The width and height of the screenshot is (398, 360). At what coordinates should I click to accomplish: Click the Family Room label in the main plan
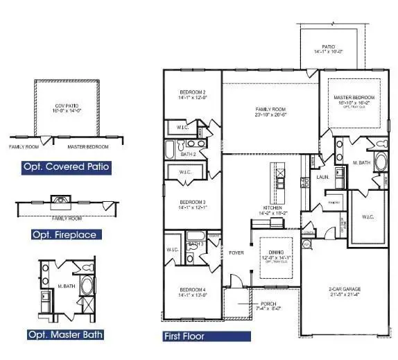pos(270,109)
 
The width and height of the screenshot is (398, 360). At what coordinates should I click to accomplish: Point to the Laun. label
pos(321,177)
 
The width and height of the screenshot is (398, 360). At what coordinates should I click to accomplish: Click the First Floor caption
pos(184,337)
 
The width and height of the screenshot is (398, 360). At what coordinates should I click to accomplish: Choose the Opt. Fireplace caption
pos(64,234)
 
